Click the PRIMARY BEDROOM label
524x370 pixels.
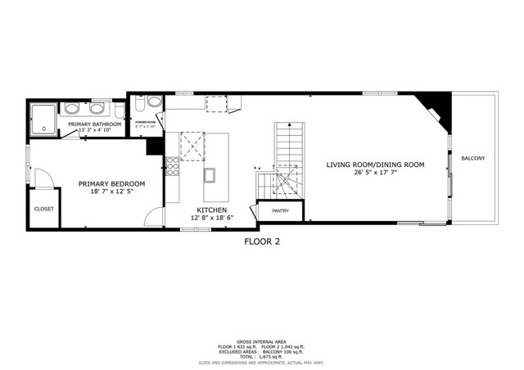tap(111, 184)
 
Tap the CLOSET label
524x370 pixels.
tap(44, 209)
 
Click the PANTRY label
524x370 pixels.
tap(280, 211)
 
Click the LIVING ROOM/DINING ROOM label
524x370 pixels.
tap(375, 165)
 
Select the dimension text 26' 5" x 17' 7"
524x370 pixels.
tap(375, 173)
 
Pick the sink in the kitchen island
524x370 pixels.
tap(210, 174)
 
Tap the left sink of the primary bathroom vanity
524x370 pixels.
tap(72, 108)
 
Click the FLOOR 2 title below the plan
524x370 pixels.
tap(262, 241)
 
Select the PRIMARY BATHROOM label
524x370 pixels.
tap(95, 124)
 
